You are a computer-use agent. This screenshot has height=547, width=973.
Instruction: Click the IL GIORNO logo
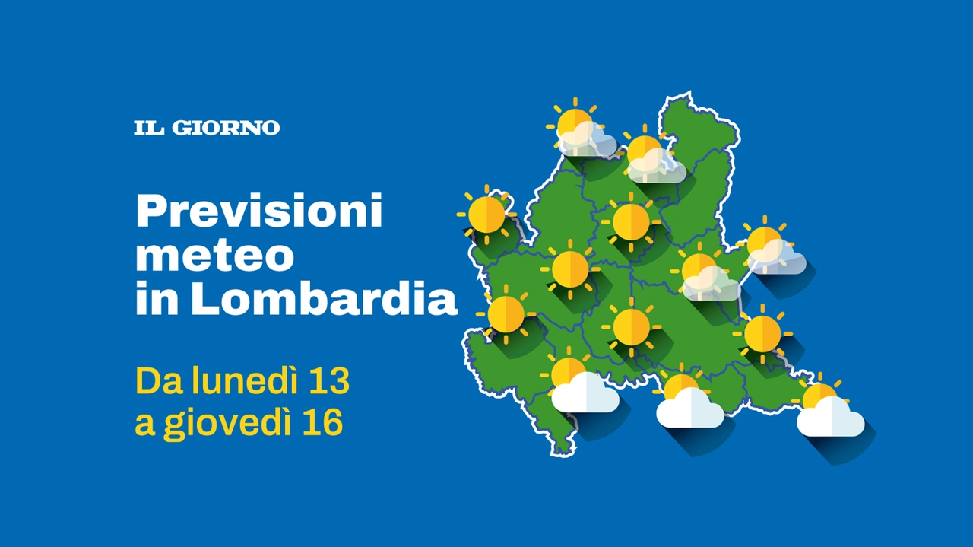[207, 128]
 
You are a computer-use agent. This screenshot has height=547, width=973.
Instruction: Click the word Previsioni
[259, 211]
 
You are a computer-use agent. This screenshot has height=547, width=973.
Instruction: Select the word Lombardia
[324, 298]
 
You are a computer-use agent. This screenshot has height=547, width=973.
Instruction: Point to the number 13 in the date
[331, 381]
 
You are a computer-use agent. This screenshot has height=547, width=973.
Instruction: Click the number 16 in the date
[325, 421]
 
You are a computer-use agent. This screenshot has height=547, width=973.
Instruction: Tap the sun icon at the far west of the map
[486, 215]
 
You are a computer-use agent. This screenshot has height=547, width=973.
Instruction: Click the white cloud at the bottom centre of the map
[689, 408]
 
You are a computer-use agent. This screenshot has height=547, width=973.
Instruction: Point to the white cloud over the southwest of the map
[585, 393]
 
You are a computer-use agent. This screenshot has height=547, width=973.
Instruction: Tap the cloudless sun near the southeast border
[762, 334]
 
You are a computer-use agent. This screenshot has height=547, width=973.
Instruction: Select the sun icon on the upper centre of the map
[631, 221]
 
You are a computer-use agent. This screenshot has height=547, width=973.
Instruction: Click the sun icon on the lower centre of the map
[631, 327]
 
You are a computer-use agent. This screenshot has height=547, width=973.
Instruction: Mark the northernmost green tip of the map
[689, 94]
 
